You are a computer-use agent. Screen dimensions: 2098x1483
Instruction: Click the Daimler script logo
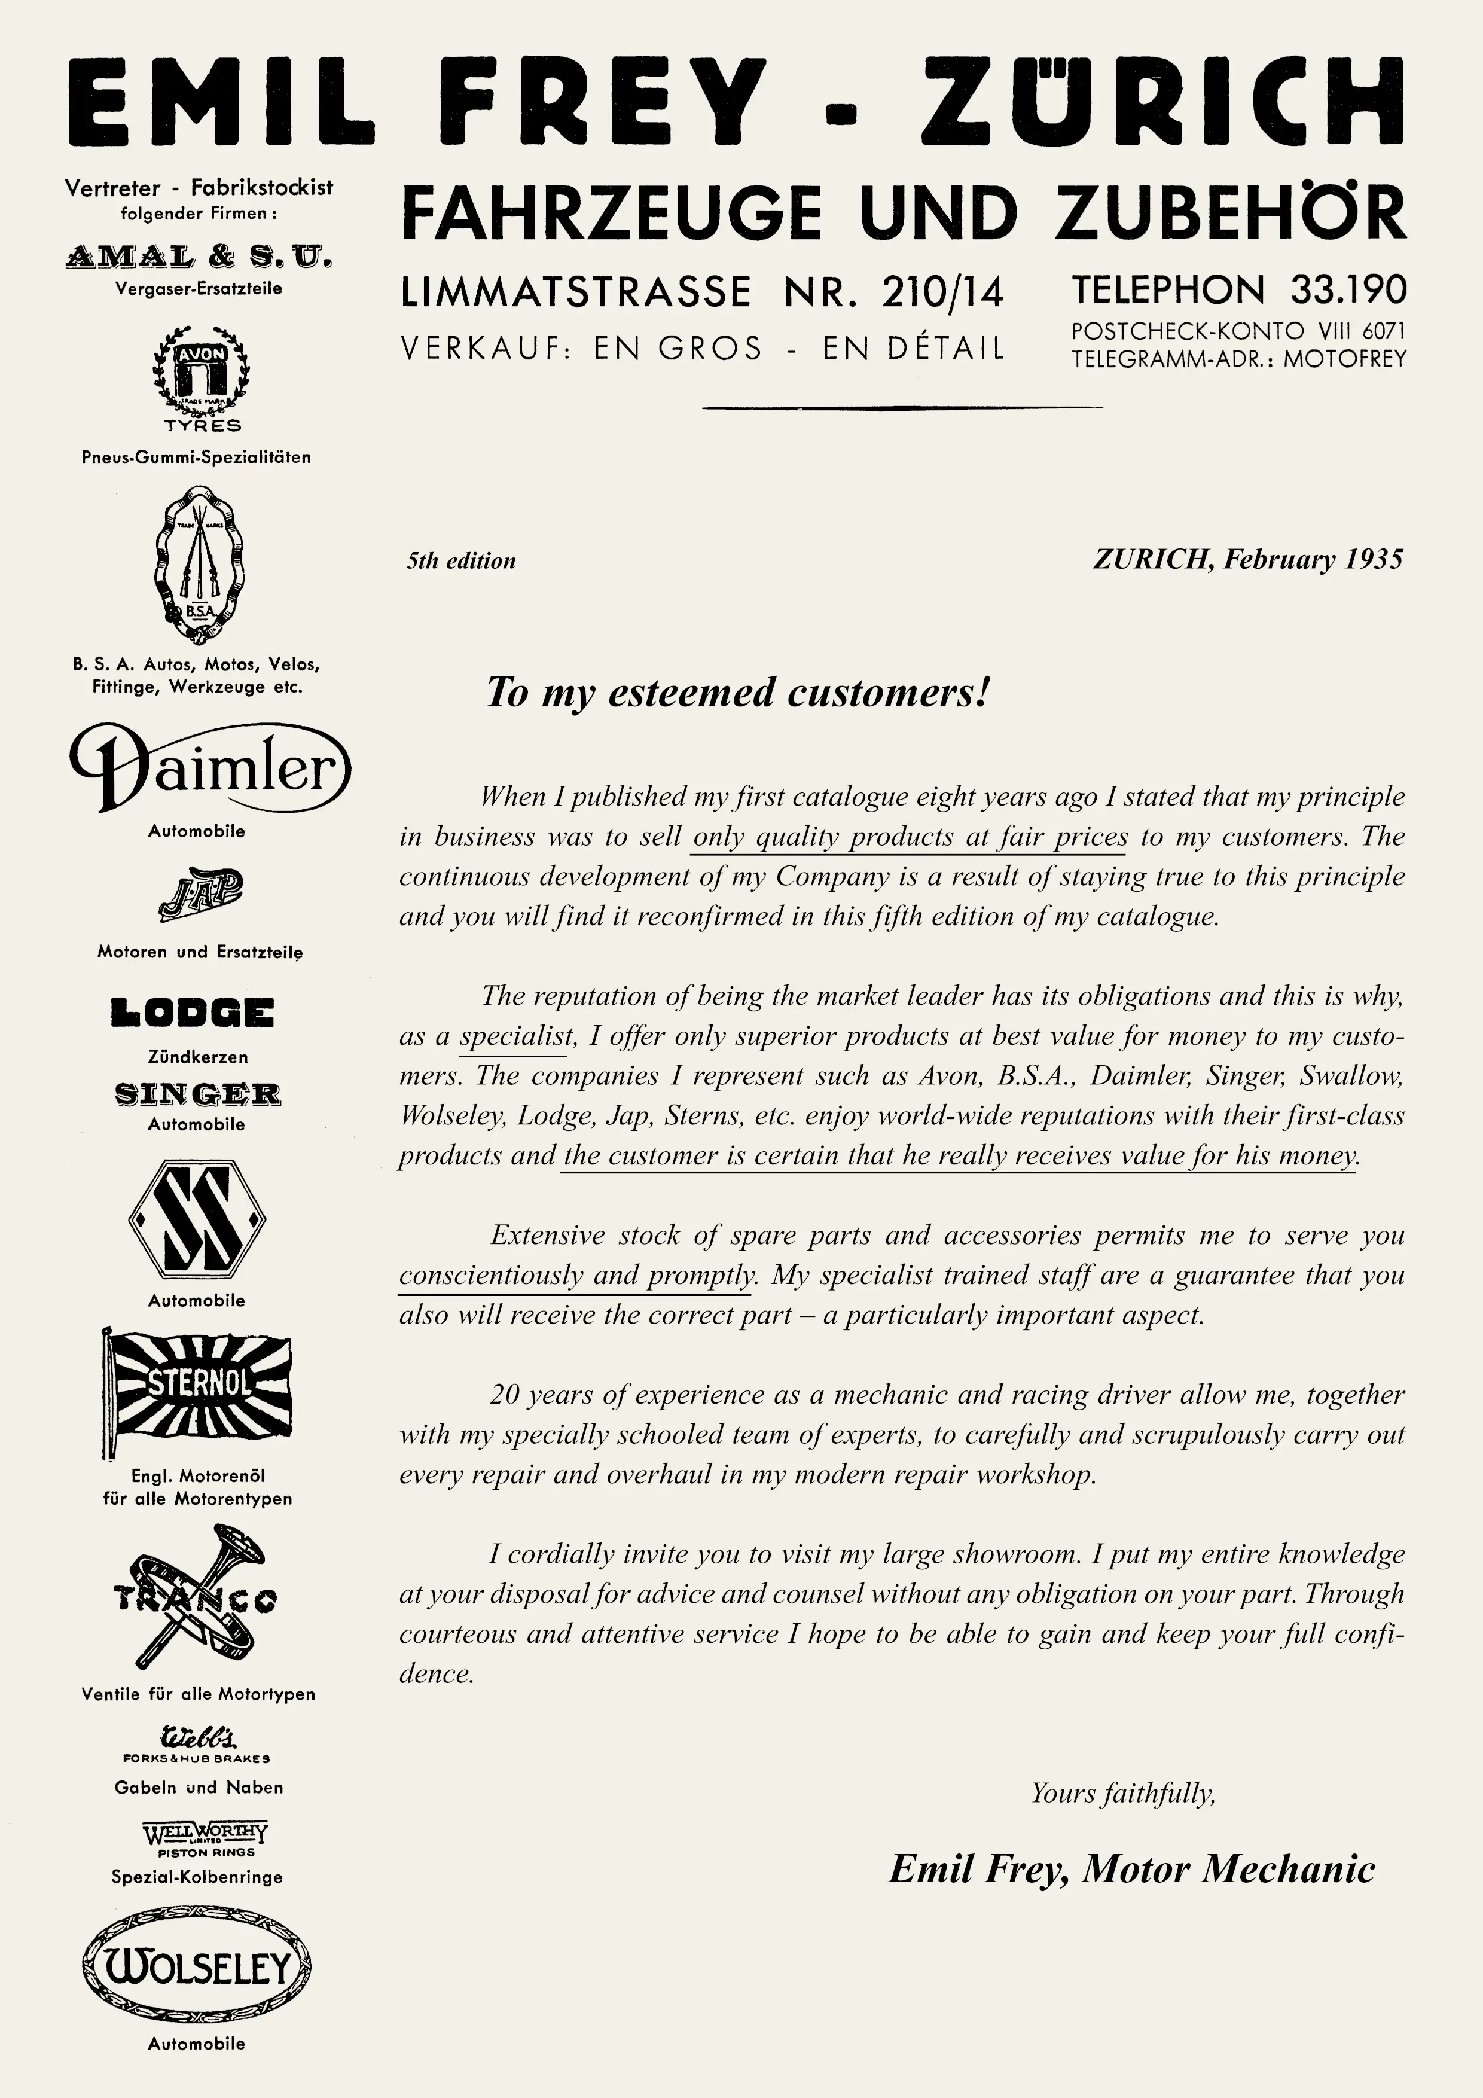210,767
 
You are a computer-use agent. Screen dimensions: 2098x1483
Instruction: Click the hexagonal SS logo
197,1219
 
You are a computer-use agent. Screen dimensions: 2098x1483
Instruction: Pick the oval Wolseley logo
197,1968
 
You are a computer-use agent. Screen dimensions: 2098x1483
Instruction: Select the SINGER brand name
197,1094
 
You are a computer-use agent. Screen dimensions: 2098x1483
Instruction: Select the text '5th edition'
462,561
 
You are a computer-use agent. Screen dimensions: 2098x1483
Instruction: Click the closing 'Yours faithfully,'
1123,1793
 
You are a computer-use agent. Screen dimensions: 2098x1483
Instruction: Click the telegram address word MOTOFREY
1344,359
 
